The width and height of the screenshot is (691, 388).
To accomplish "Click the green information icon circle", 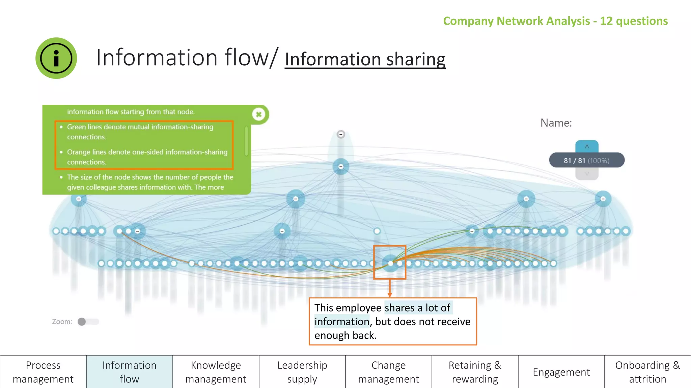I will coord(56,58).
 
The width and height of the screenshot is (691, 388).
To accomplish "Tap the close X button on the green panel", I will coord(259,115).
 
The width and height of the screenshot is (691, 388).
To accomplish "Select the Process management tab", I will coord(43,372).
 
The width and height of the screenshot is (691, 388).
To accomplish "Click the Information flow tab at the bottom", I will coord(130,372).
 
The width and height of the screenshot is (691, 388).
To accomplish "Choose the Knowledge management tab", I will coord(216,372).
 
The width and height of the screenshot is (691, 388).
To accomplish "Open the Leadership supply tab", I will coord(302,372).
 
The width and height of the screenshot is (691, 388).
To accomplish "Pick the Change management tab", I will coord(389,372).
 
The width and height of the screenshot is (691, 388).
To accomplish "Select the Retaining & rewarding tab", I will coord(475,372).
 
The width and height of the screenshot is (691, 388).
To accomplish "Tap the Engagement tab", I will coord(561,372).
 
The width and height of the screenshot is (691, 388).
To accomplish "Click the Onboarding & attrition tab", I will coord(648,372).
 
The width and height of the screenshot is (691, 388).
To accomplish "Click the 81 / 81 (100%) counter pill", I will coord(587,160).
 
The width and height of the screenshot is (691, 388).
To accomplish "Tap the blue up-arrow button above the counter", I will coord(587,147).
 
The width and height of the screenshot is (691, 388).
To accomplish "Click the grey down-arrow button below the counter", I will coord(587,174).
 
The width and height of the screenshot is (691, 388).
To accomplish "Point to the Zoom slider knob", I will coord(82,322).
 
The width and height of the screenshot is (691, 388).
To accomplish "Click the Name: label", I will coord(556,123).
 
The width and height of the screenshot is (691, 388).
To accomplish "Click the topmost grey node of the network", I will coord(341,134).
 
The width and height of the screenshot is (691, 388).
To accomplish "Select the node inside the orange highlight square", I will coord(390,263).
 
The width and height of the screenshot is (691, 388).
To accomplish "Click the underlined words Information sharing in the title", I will coord(365,59).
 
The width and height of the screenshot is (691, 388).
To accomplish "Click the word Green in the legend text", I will coord(76,127).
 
